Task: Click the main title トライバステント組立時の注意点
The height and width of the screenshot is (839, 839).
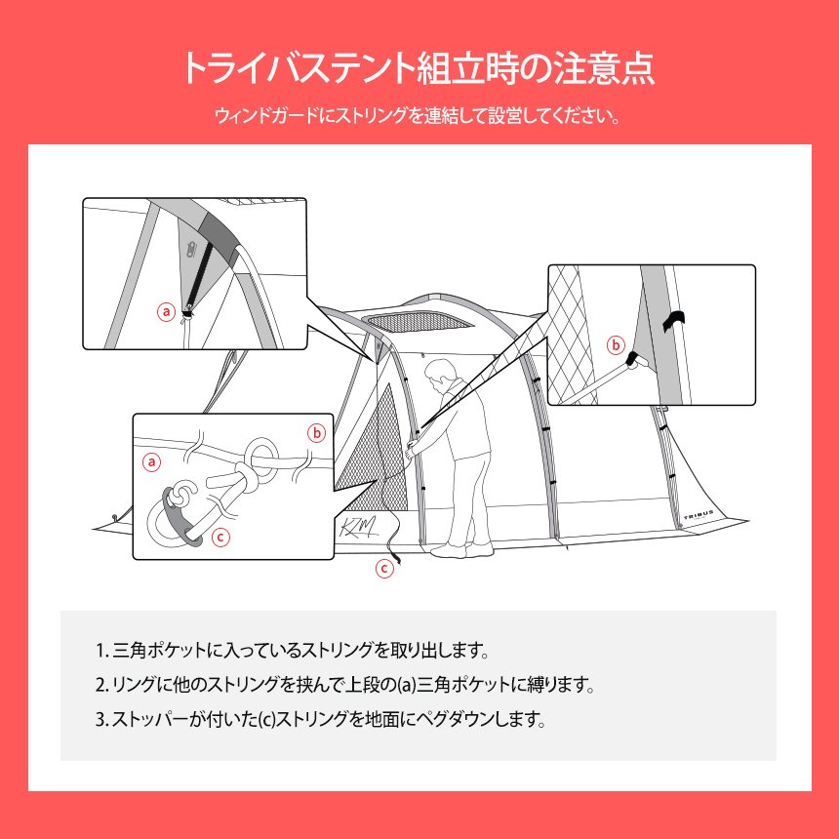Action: click(x=419, y=69)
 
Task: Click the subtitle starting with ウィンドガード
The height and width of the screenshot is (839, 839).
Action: click(x=419, y=117)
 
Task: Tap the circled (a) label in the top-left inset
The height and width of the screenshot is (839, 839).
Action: click(x=167, y=312)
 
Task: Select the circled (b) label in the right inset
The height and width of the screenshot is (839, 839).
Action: click(x=616, y=344)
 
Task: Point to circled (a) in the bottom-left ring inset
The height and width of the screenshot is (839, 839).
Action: click(x=151, y=461)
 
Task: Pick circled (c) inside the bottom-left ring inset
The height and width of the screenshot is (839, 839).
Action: click(x=220, y=536)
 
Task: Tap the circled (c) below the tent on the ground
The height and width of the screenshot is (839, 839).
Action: click(x=384, y=568)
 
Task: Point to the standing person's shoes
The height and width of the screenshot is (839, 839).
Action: click(x=455, y=551)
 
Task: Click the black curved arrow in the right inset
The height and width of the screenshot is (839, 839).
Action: click(x=675, y=321)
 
